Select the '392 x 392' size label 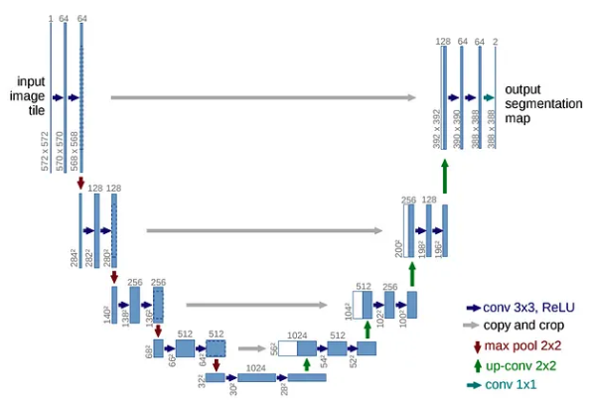[436, 128]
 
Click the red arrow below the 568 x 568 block [80, 182]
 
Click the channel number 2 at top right [495, 41]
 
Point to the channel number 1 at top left [50, 18]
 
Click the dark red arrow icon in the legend [476, 345]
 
